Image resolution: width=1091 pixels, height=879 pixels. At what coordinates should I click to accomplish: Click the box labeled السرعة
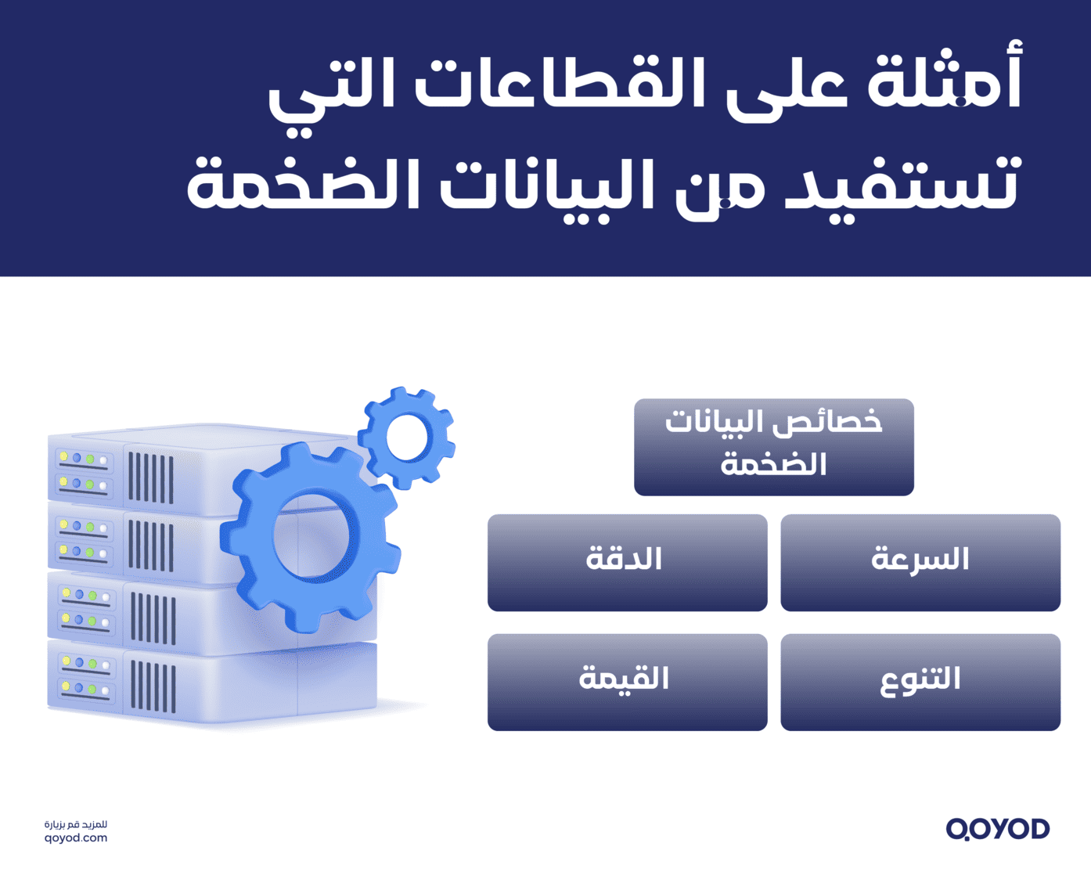(920, 562)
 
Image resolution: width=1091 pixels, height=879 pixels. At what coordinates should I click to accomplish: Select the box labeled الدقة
(627, 562)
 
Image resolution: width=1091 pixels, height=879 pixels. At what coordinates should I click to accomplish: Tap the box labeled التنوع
(920, 682)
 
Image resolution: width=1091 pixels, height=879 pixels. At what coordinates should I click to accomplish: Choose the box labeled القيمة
(627, 682)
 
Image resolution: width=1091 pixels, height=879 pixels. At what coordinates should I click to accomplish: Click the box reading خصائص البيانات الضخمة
(773, 447)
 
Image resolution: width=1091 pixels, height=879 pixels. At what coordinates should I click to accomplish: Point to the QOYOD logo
(997, 829)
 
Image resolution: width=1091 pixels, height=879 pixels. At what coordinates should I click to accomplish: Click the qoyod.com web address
(76, 838)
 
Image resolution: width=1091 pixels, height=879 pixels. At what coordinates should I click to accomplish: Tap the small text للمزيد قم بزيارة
(76, 824)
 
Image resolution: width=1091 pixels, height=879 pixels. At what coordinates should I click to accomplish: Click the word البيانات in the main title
(548, 185)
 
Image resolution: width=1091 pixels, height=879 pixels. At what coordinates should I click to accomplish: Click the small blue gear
(407, 437)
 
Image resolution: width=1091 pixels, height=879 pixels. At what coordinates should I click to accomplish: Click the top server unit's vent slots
(150, 477)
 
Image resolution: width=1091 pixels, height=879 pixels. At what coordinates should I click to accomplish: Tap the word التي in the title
(321, 90)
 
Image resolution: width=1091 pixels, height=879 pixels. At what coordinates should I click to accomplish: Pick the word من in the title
(720, 188)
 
